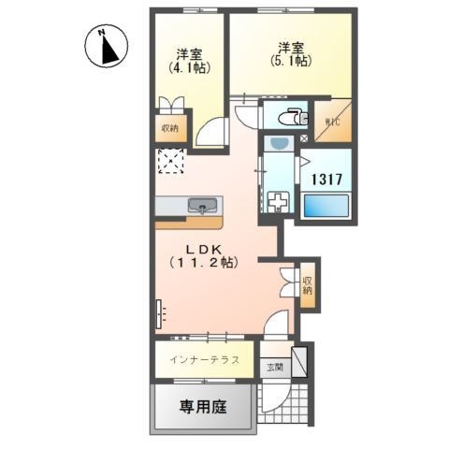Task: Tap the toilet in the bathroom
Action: click(x=296, y=117)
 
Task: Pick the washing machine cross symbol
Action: click(x=278, y=201)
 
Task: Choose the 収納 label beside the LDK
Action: click(x=308, y=283)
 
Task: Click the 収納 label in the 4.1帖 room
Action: click(x=169, y=127)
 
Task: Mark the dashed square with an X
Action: click(x=171, y=161)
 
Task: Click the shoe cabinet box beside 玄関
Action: click(x=299, y=361)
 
